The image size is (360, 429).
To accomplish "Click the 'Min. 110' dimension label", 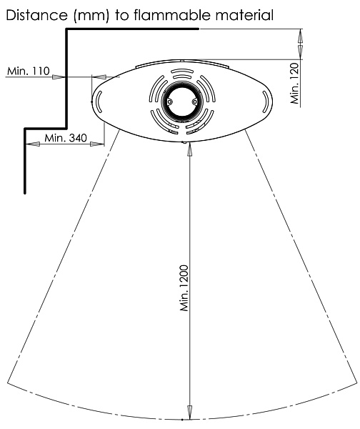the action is click(29, 71).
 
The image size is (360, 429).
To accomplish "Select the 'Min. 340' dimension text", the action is click(66, 137).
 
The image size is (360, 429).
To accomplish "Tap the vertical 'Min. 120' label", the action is click(295, 83).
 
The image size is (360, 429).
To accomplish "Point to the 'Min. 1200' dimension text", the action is click(184, 288).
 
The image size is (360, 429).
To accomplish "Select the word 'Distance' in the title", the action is click(36, 15).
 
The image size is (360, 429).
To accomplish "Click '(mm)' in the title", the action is click(91, 16).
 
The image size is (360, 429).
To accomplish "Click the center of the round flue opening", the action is click(182, 102).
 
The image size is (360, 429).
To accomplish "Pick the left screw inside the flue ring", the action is click(170, 102).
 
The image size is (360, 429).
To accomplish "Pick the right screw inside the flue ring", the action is click(194, 102).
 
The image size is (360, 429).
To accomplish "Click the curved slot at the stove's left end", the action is click(99, 102).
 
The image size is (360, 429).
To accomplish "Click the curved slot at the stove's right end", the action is click(266, 102).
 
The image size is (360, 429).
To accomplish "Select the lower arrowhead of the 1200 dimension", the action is click(189, 412).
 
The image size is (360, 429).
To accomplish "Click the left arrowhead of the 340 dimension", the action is click(32, 144).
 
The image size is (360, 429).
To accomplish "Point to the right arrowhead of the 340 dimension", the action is click(97, 144).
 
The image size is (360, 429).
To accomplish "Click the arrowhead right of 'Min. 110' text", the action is click(59, 77).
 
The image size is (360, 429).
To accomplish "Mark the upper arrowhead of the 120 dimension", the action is click(300, 36).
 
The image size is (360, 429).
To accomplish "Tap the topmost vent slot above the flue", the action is click(182, 71).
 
